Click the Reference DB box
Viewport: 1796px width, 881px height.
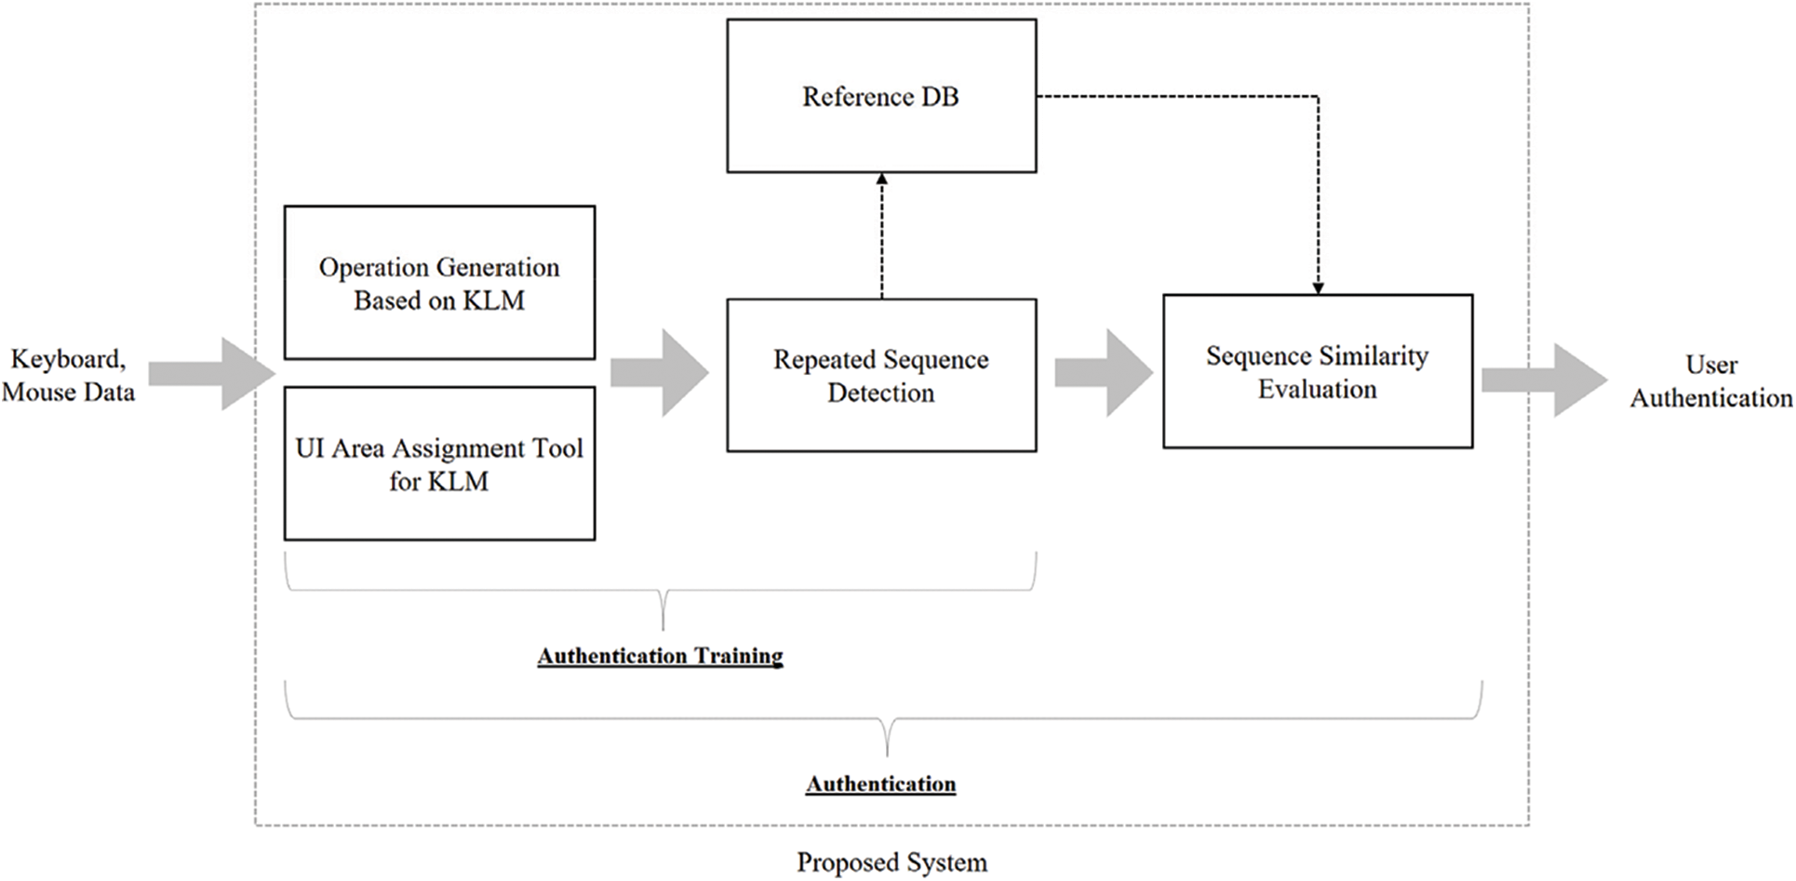[880, 97]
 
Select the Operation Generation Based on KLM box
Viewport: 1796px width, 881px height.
[439, 283]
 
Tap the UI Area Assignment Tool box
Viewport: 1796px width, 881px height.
[439, 463]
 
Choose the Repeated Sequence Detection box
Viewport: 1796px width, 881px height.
[880, 376]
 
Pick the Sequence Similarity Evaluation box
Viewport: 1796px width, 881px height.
[1317, 372]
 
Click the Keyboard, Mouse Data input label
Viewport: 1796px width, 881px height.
[68, 375]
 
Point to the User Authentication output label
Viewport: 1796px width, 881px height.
[1710, 381]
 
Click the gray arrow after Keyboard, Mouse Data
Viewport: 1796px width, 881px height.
[214, 374]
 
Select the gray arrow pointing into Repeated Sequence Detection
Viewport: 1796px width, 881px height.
[661, 373]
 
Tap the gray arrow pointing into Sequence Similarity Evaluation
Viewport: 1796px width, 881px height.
[1105, 373]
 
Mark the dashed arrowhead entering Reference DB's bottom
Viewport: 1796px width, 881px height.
[881, 180]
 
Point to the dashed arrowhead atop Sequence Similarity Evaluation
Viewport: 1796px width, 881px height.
[1318, 287]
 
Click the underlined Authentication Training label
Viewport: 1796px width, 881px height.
[660, 656]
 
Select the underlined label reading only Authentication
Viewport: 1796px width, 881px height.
[880, 784]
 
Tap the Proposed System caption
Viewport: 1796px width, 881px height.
[891, 862]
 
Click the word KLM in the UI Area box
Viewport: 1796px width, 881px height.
[458, 481]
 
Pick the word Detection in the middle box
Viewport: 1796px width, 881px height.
[880, 393]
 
